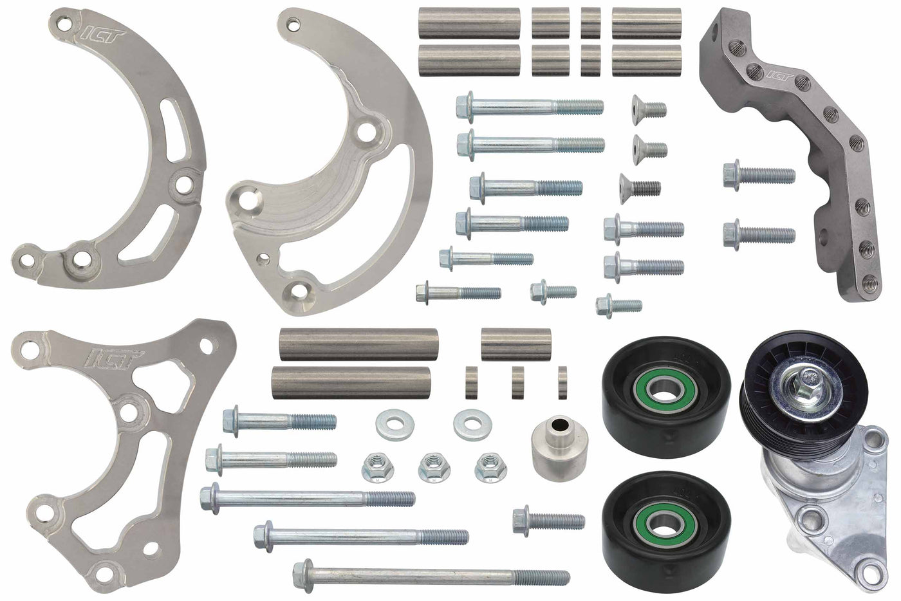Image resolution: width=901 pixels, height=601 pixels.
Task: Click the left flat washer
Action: pyautogui.click(x=390, y=424)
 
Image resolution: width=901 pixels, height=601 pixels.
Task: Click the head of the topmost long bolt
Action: pyautogui.click(x=465, y=105)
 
